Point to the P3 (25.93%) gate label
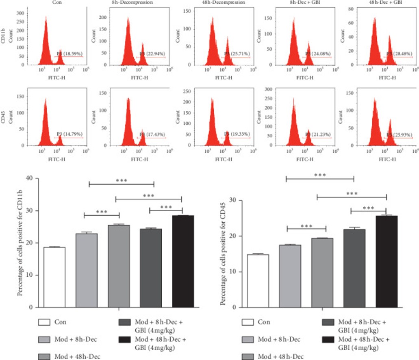coord(400,134)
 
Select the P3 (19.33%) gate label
coord(238,134)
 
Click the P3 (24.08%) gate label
coord(318,54)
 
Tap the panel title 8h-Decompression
coord(129,2)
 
